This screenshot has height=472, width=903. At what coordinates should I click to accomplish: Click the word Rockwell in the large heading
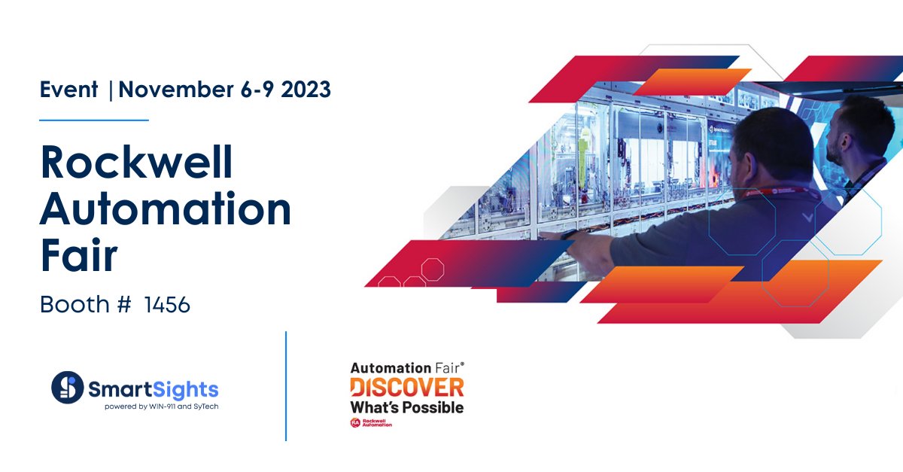[x=137, y=163]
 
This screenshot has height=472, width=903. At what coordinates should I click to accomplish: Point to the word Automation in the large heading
[x=166, y=210]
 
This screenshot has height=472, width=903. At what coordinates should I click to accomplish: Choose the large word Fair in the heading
[x=79, y=256]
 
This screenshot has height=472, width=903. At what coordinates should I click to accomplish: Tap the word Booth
[x=74, y=305]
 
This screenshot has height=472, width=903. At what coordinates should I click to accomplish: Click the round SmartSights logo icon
[x=67, y=387]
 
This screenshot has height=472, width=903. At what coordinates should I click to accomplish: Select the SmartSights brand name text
[x=154, y=389]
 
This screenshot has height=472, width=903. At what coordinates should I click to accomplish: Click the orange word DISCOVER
[x=406, y=388]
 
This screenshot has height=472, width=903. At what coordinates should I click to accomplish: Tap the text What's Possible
[x=406, y=407]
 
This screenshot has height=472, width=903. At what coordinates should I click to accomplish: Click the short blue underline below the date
[x=94, y=120]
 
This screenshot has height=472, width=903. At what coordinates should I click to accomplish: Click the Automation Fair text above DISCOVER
[x=406, y=368]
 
